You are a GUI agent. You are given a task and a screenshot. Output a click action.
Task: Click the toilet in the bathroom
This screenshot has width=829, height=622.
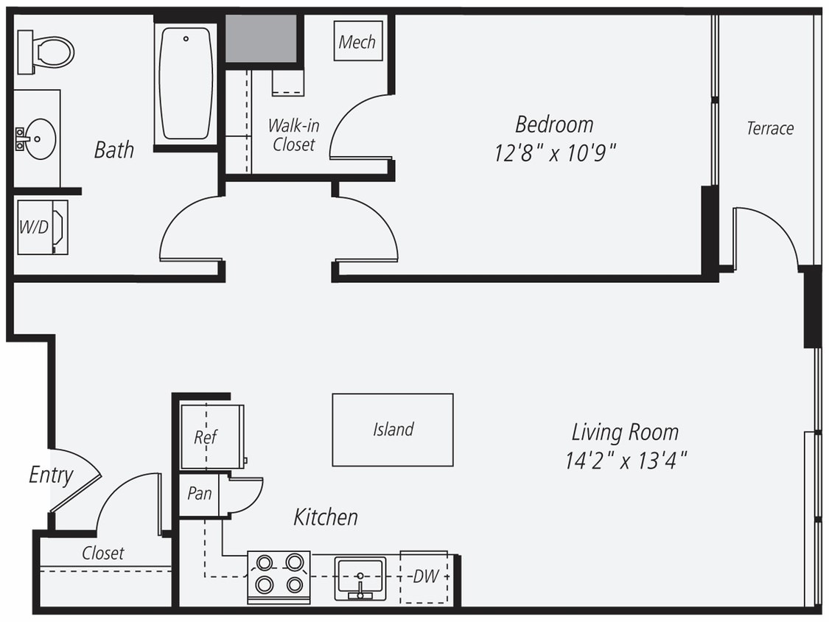(48, 52)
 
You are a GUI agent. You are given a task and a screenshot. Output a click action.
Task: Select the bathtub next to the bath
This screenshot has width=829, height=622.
(186, 83)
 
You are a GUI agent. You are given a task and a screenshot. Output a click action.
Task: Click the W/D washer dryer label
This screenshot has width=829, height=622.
(33, 228)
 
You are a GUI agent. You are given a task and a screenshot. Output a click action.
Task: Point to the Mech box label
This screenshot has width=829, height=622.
(357, 42)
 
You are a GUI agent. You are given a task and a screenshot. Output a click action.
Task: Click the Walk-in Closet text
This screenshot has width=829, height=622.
(293, 135)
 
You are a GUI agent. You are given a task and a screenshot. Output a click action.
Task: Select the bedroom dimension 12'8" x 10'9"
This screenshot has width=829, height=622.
(555, 153)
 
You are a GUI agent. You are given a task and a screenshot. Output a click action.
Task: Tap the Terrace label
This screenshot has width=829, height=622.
(770, 128)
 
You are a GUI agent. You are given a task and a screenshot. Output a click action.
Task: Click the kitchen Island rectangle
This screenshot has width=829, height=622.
(392, 430)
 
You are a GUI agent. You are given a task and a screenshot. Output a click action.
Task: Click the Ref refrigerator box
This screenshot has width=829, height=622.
(206, 436)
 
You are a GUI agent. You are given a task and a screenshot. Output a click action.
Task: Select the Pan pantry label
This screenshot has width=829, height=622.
(199, 494)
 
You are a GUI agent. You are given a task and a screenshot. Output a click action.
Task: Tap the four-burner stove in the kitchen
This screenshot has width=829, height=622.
(278, 575)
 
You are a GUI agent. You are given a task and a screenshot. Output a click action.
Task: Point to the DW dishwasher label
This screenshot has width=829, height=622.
(425, 576)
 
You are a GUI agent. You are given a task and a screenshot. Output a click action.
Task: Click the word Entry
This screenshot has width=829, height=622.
(51, 475)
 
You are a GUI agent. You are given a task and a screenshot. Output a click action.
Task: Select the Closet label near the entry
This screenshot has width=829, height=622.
(103, 553)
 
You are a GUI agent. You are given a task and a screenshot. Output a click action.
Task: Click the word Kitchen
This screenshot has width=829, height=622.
(326, 517)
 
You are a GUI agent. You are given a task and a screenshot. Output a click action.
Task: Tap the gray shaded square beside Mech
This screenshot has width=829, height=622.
(261, 38)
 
